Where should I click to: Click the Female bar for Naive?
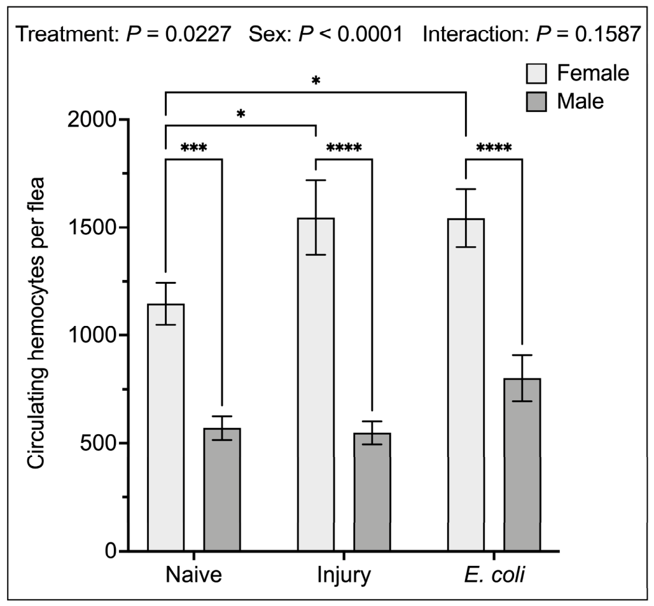pos(166,427)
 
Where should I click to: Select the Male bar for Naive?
pos(222,490)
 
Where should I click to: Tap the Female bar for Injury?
pos(316,384)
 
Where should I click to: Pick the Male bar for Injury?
pos(372,492)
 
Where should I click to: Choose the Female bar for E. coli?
pos(466,385)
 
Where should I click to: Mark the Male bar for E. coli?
pos(522,465)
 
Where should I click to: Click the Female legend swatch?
pos(536,73)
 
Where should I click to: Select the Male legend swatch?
pos(536,101)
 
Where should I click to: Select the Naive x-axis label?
pos(193,575)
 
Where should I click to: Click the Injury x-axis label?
pos(344,575)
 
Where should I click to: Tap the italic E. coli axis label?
pos(494,575)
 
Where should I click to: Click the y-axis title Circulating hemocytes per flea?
pos(36,323)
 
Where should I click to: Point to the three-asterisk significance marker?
pos(194,148)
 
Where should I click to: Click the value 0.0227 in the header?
pos(198,34)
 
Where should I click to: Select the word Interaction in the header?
pos(476,34)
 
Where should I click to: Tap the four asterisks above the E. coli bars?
pos(494,148)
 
